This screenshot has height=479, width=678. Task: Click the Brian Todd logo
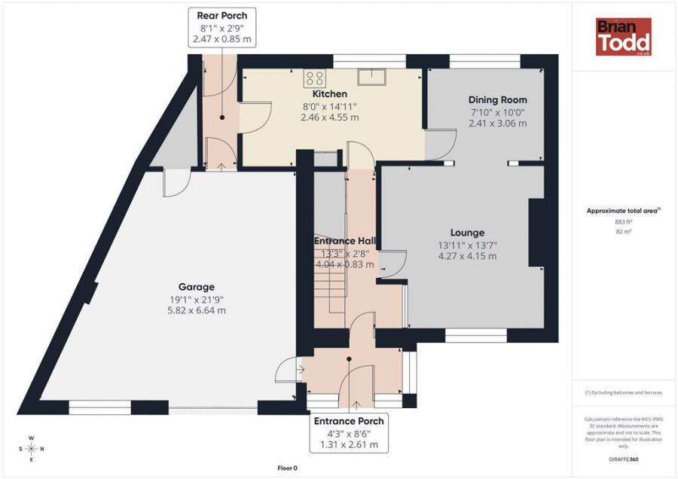tap(623, 37)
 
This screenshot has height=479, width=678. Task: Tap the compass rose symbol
tap(31, 449)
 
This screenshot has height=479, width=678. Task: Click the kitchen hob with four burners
tap(314, 77)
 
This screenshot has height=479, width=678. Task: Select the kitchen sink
tap(371, 77)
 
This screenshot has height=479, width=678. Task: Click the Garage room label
tap(196, 287)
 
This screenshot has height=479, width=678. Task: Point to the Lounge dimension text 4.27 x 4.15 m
tap(467, 256)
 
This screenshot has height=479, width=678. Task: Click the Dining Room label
tap(497, 99)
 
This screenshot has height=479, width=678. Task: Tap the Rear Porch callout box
tap(221, 27)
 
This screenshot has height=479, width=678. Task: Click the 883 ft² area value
tap(623, 222)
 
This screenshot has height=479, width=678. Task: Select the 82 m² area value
tap(623, 232)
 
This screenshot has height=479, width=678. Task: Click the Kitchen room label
tap(330, 93)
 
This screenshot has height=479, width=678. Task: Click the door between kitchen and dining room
tap(441, 144)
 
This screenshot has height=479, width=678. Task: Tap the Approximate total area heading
tap(623, 211)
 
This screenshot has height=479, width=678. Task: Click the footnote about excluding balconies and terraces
tap(623, 393)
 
